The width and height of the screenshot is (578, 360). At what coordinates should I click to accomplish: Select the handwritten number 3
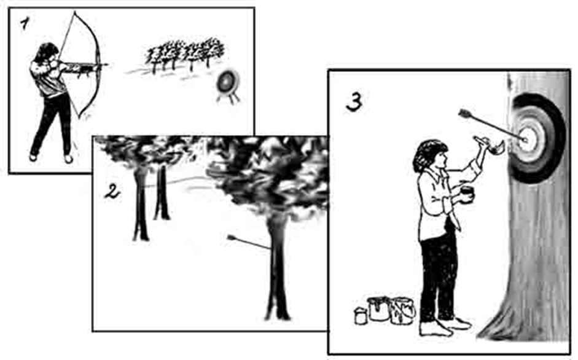(x=354, y=102)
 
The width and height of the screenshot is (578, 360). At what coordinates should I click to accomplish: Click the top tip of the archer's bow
(x=75, y=12)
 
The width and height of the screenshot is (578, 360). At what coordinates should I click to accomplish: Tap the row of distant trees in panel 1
(x=185, y=54)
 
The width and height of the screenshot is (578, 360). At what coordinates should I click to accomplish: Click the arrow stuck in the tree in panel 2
(x=249, y=242)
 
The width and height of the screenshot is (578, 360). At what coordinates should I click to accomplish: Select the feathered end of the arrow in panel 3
(x=465, y=114)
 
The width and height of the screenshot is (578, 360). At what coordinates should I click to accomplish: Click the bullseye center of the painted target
(x=525, y=139)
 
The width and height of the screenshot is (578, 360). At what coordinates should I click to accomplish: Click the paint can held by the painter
(x=467, y=195)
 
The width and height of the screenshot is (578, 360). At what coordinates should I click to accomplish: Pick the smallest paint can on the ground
(x=361, y=316)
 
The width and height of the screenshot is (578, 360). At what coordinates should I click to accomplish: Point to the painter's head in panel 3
(x=430, y=155)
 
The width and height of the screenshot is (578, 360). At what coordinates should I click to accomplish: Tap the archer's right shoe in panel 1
(x=69, y=159)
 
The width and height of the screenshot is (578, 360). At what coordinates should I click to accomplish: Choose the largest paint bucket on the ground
(x=402, y=311)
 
